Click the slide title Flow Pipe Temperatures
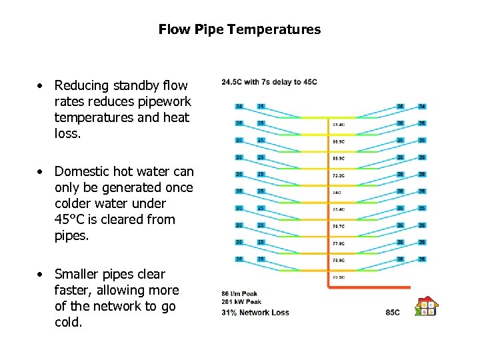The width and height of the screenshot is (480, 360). point(239,30)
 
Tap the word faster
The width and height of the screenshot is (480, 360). point(72,291)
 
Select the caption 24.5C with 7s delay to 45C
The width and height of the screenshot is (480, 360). point(269,82)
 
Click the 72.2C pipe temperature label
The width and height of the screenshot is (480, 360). point(339,175)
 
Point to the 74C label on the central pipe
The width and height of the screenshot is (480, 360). point(337,193)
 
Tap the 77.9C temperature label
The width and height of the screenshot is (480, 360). point(339,243)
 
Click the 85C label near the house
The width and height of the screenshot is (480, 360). point(393,312)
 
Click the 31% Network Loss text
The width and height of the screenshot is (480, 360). point(255,312)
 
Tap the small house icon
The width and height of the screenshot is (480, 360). point(427,307)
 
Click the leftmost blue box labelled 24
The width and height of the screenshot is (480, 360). point(239,106)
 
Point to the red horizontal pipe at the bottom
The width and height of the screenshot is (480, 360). point(373,287)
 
